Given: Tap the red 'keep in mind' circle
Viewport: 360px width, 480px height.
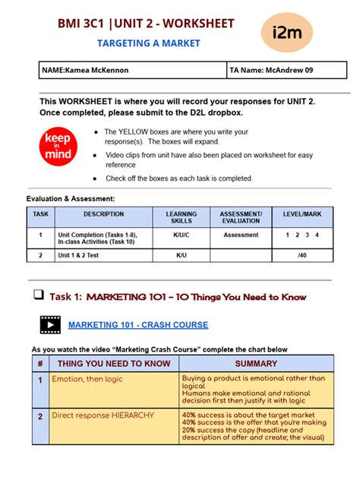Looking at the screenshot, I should click(x=58, y=147).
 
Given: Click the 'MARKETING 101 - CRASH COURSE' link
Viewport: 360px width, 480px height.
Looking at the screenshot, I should click(x=138, y=325).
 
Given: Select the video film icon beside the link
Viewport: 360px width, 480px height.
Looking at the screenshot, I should click(x=50, y=325).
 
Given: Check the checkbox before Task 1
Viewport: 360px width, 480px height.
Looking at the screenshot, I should click(x=38, y=295).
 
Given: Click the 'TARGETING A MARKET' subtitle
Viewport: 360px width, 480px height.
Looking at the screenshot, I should click(x=149, y=43).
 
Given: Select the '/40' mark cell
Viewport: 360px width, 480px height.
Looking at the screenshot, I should click(x=302, y=256).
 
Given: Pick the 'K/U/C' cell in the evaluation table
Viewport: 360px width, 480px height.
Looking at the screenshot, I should click(x=181, y=235).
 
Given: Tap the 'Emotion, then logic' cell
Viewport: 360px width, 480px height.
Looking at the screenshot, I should click(x=114, y=378).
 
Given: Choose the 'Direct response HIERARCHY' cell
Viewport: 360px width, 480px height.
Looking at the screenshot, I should click(x=114, y=415).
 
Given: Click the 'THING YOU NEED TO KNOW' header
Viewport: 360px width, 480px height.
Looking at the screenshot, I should click(x=114, y=364).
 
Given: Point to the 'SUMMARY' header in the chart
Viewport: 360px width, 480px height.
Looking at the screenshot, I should click(x=256, y=364).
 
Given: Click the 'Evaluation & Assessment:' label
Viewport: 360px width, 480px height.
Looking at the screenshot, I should click(x=71, y=198).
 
